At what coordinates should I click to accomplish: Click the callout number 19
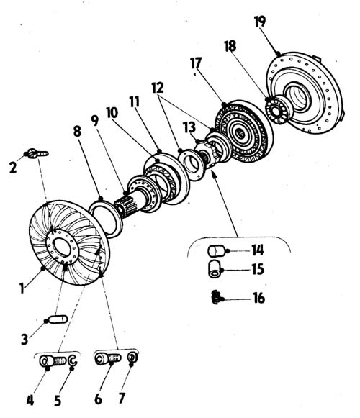[x=260, y=22]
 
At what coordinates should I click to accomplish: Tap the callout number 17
[x=196, y=63]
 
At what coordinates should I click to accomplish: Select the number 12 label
[x=158, y=88]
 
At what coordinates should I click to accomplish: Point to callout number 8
[x=77, y=132]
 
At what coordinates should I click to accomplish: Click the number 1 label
[x=22, y=288]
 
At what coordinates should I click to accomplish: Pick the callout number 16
[x=258, y=298]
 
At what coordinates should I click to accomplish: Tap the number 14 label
[x=258, y=250]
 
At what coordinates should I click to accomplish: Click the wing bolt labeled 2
[x=38, y=153]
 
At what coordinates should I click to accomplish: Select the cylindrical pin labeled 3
[x=58, y=319]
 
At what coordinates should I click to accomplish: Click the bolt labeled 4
[x=53, y=361]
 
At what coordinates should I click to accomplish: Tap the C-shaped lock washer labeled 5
[x=73, y=360]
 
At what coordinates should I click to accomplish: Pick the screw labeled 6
[x=108, y=358]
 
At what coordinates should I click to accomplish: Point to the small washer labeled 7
[x=132, y=357]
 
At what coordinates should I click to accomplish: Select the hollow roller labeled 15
[x=214, y=269]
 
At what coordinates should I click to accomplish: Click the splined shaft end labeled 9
[x=125, y=206]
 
